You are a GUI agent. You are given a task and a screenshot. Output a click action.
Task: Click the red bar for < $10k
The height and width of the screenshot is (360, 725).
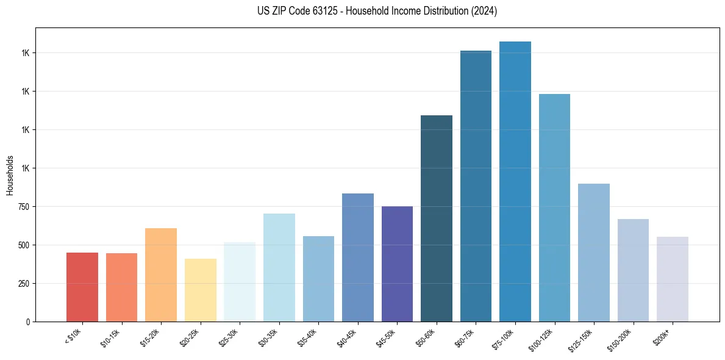pyautogui.click(x=82, y=287)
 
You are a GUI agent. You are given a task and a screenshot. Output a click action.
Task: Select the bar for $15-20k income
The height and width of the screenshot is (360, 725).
pyautogui.click(x=161, y=275)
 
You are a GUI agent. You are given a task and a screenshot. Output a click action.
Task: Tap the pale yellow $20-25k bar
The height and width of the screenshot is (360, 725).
pyautogui.click(x=201, y=290)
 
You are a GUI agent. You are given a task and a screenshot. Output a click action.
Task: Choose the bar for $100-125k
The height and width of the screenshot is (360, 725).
pyautogui.click(x=554, y=207)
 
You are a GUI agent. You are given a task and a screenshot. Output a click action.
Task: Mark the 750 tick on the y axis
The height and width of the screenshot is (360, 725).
pyautogui.click(x=25, y=207)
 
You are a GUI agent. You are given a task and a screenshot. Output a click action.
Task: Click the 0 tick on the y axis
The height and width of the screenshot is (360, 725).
pyautogui.click(x=29, y=322)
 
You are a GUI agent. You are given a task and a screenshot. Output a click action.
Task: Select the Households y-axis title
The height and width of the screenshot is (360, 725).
pyautogui.click(x=10, y=175)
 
